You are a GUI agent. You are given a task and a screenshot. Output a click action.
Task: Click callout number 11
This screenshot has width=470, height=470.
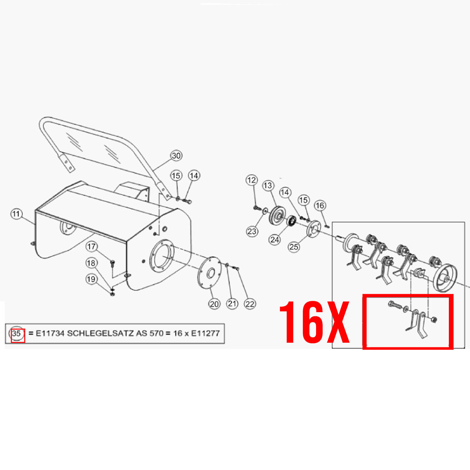point(16,214)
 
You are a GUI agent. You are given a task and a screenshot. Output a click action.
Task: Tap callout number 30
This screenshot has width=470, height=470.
point(176,155)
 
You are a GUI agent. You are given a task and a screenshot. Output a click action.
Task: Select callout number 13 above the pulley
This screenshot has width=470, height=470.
point(268,186)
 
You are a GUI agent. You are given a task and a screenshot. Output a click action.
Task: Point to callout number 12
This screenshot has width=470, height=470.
point(251,180)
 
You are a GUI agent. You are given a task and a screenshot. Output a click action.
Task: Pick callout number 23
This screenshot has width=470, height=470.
point(252,231)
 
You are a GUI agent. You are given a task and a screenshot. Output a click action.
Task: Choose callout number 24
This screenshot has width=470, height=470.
point(275,240)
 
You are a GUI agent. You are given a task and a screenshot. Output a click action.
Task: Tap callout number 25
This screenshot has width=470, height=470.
point(294,247)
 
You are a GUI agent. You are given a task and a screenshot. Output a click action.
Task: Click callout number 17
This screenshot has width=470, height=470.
point(92,246)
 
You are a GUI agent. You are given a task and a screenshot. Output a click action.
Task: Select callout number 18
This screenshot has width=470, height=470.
point(91,263)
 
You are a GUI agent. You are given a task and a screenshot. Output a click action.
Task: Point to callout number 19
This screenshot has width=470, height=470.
point(91,279)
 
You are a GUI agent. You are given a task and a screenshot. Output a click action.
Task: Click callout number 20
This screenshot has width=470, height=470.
point(214,304)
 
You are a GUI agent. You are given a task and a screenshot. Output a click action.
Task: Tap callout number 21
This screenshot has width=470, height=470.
point(232,304)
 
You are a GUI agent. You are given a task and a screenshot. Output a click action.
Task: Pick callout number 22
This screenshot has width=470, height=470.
point(250,304)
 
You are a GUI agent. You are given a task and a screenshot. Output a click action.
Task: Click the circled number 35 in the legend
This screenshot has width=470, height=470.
point(16,333)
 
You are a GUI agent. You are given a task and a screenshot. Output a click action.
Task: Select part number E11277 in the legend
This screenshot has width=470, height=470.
point(205,333)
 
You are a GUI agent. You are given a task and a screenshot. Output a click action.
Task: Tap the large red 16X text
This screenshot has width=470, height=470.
point(315,322)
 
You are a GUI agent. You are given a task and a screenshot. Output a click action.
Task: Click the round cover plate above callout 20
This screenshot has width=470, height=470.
point(210,273)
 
